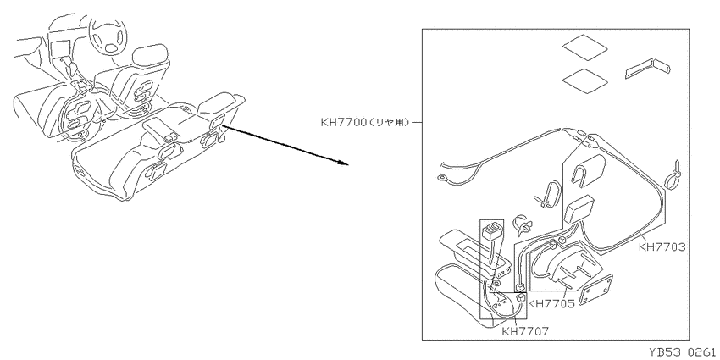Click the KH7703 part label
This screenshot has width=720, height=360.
click(x=662, y=247)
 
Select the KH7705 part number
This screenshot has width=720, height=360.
click(x=551, y=303)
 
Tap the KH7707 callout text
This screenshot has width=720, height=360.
click(x=525, y=330)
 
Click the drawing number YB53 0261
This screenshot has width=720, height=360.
click(x=682, y=352)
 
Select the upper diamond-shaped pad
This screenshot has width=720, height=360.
click(x=585, y=47)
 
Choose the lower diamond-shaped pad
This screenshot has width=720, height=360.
click(x=585, y=80)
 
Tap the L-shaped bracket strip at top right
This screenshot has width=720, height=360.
click(x=647, y=69)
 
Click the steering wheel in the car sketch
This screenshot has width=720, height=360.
click(x=108, y=37)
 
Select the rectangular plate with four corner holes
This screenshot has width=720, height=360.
click(x=595, y=290)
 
